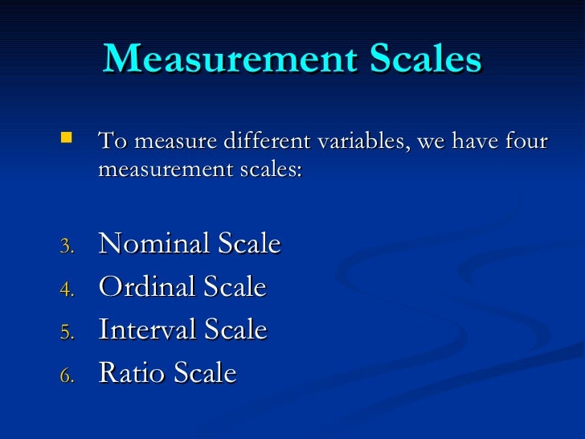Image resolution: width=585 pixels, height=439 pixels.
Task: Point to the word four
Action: [x=526, y=143]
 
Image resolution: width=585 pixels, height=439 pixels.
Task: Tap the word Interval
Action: [x=147, y=330]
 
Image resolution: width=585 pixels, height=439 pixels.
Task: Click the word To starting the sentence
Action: [x=111, y=143]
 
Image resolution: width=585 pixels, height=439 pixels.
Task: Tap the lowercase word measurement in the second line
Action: [x=161, y=170]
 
